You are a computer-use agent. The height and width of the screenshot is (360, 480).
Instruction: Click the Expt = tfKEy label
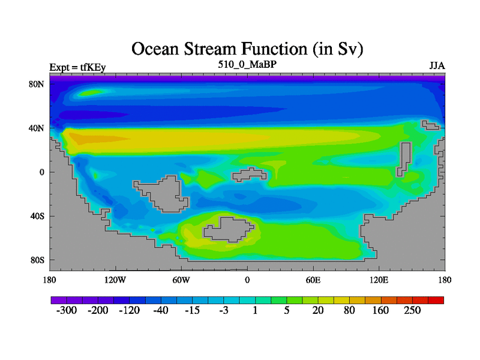click(77, 67)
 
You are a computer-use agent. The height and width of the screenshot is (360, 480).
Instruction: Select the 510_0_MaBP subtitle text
click(247, 65)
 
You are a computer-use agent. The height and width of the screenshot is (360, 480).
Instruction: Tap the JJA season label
click(437, 66)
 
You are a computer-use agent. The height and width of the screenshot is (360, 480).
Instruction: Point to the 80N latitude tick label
click(37, 84)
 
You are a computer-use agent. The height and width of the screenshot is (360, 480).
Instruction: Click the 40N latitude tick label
click(37, 128)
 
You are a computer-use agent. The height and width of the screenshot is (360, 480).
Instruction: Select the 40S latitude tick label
click(37, 216)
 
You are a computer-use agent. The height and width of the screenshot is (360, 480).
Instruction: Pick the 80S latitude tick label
click(37, 260)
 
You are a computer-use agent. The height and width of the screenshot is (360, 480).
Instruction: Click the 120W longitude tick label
click(115, 280)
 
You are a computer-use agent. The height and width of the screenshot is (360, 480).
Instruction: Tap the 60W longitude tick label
click(181, 280)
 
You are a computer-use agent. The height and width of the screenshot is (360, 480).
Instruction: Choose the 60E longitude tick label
click(313, 280)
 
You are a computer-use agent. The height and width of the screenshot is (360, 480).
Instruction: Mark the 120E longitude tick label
click(379, 280)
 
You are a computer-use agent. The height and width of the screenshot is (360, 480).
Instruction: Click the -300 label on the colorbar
click(67, 310)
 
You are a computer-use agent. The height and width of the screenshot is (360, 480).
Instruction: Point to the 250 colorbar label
click(412, 310)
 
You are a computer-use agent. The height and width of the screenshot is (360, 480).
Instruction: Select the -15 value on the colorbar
click(192, 310)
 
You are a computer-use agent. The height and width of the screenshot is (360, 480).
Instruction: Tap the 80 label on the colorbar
click(349, 310)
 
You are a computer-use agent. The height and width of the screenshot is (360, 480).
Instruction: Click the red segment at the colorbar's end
click(436, 300)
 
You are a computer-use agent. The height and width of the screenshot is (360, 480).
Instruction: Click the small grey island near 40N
click(431, 125)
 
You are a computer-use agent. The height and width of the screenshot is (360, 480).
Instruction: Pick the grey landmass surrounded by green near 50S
click(228, 230)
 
